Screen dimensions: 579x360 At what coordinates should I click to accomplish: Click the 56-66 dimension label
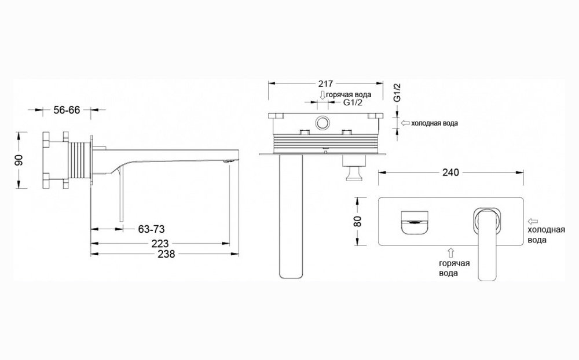tap(67, 110)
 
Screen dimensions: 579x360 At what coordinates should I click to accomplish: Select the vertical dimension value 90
tap(19, 160)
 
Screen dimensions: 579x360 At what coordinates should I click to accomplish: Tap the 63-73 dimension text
tap(151, 229)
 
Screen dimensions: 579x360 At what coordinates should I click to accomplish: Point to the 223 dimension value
tap(160, 244)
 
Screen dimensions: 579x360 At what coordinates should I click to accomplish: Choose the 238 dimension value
tap(166, 254)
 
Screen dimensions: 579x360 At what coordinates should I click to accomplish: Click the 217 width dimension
tap(325, 84)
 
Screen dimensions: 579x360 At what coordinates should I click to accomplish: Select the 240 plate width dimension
tap(450, 172)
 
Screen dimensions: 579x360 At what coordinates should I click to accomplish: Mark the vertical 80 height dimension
tap(358, 221)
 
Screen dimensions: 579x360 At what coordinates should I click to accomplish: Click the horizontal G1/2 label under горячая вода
tap(353, 102)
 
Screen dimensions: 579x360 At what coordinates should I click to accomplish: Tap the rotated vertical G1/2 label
tap(397, 93)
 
